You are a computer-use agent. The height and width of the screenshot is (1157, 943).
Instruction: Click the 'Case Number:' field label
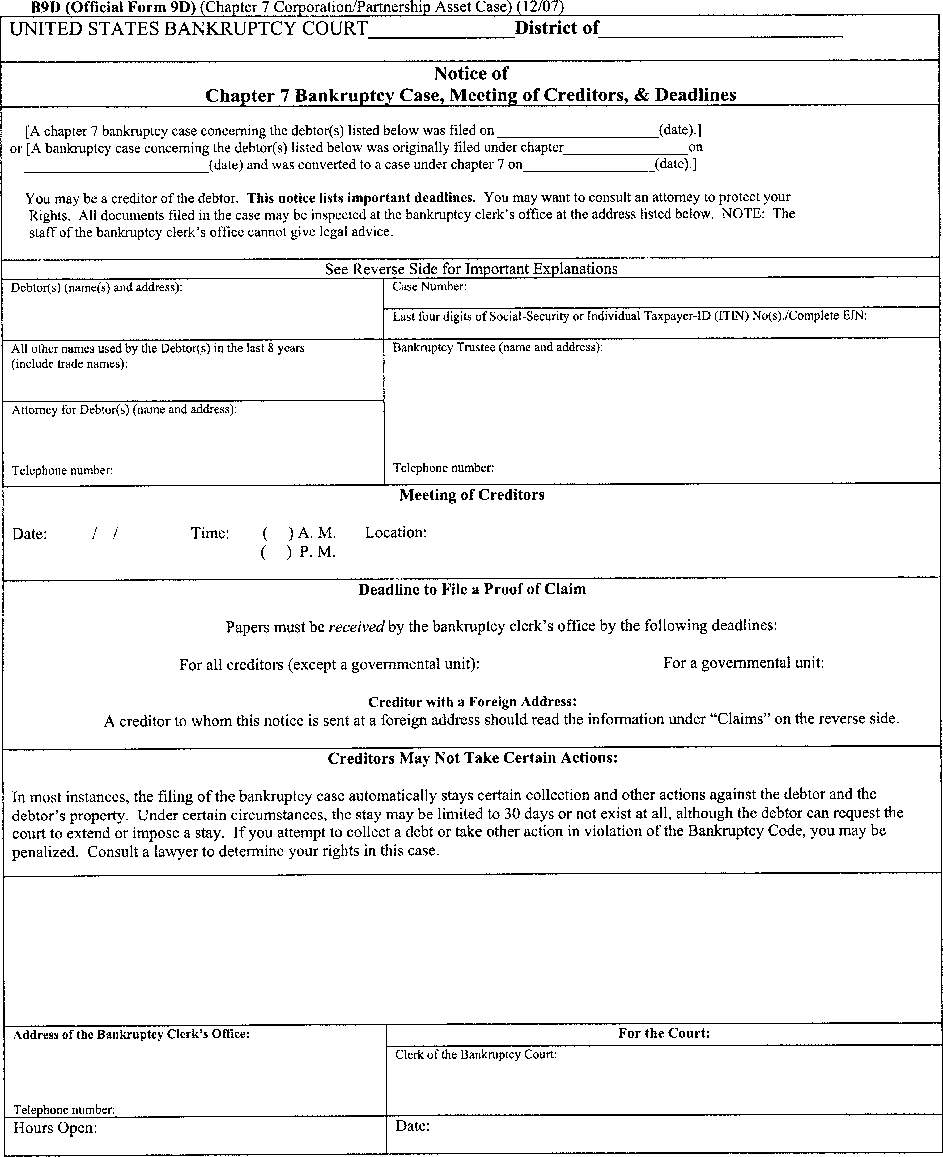coord(429,287)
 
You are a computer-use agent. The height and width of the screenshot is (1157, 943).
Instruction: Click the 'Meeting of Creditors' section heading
coord(471,495)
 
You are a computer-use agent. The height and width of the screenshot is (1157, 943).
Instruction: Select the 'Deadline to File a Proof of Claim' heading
coord(471,589)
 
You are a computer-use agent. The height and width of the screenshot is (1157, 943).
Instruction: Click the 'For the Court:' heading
coord(664,1033)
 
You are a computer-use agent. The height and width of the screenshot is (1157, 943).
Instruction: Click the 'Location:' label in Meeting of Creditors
coord(396,532)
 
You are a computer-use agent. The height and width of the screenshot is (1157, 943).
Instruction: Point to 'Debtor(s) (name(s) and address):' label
coord(96,287)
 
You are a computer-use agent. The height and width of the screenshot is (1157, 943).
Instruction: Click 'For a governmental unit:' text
coord(743,663)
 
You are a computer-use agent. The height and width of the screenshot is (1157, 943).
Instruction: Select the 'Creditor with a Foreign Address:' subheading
coord(472,702)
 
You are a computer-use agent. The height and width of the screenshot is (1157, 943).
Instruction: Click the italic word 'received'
coord(356,627)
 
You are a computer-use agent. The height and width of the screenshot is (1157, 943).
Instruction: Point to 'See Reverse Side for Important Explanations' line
coord(471,269)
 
